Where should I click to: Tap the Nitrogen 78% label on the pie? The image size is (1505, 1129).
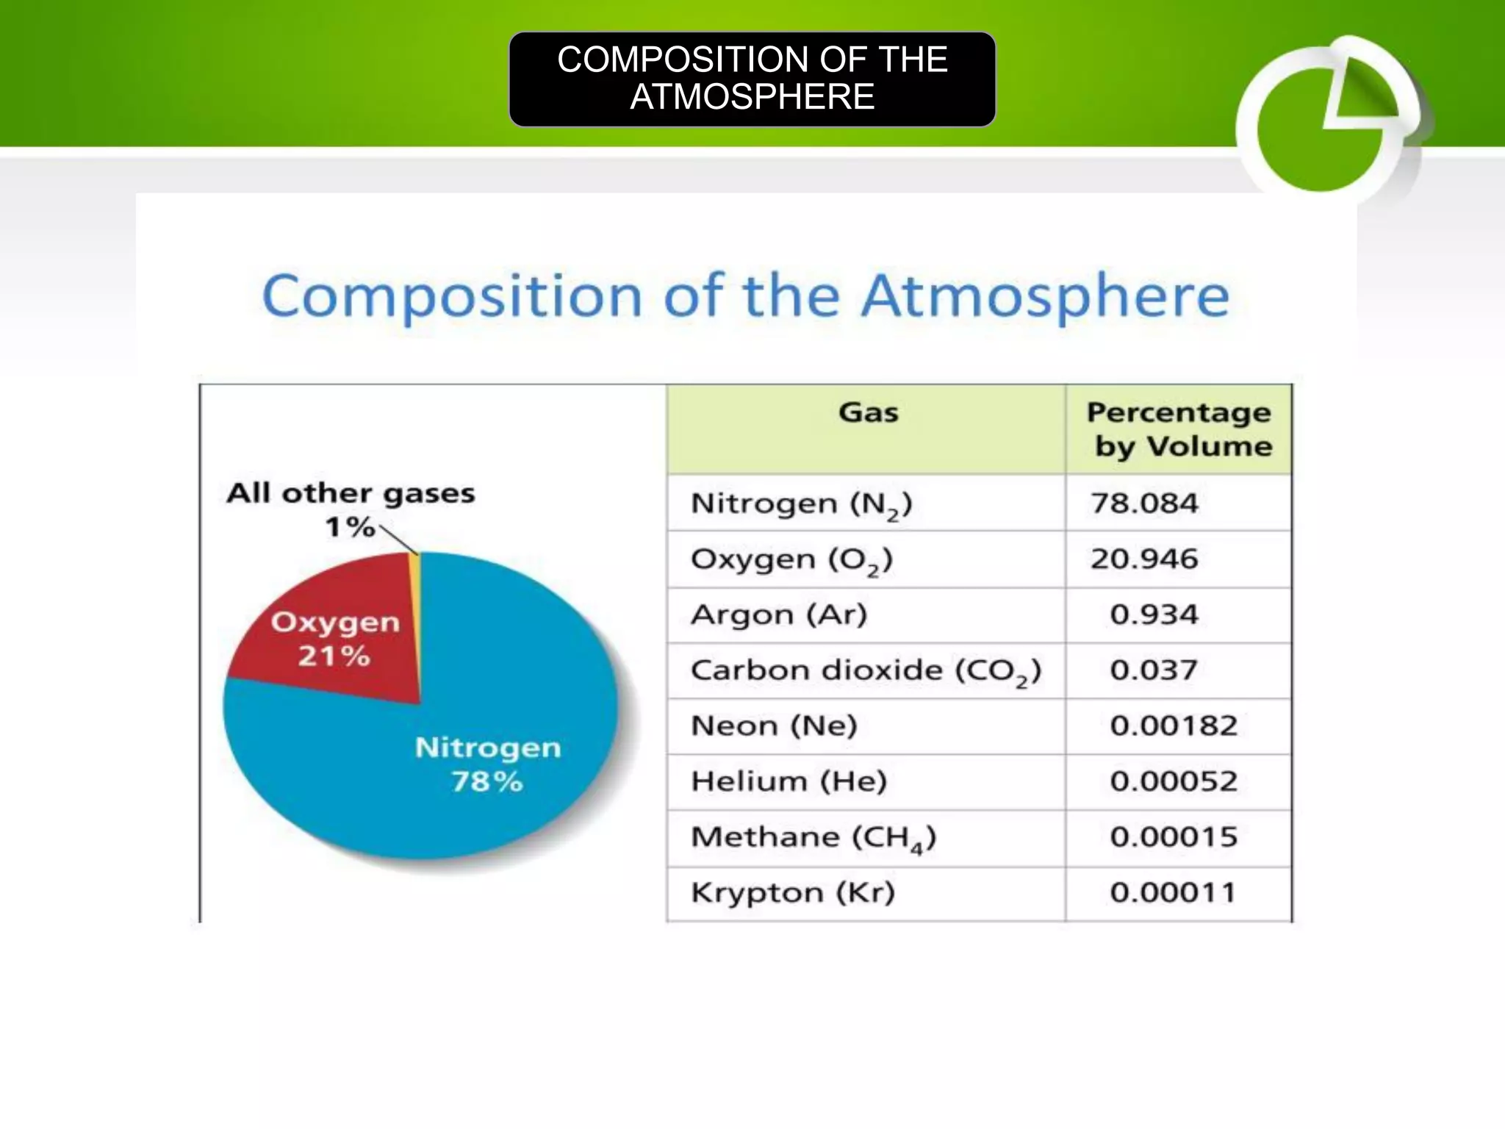pyautogui.click(x=487, y=764)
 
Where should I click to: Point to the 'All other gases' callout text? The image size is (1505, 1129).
pyautogui.click(x=351, y=493)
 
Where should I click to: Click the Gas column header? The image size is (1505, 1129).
pyautogui.click(x=868, y=413)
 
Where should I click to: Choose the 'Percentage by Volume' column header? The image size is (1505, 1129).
pyautogui.click(x=1179, y=429)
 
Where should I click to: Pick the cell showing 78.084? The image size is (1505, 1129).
pyautogui.click(x=1144, y=503)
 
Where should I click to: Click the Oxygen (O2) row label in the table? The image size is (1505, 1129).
pyautogui.click(x=791, y=560)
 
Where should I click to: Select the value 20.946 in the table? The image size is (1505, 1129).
pyautogui.click(x=1144, y=559)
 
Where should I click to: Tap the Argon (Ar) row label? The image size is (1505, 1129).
pyautogui.click(x=779, y=614)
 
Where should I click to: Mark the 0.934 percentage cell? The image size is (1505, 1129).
pyautogui.click(x=1154, y=614)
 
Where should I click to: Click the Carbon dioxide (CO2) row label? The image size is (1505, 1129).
pyautogui.click(x=866, y=671)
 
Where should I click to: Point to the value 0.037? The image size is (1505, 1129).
pyautogui.click(x=1154, y=670)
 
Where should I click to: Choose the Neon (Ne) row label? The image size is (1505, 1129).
pyautogui.click(x=774, y=726)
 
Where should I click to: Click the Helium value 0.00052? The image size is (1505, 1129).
pyautogui.click(x=1174, y=781)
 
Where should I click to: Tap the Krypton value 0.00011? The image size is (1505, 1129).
pyautogui.click(x=1173, y=893)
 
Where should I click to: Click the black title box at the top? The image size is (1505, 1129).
pyautogui.click(x=752, y=79)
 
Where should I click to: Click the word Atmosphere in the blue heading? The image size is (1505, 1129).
pyautogui.click(x=1045, y=296)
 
